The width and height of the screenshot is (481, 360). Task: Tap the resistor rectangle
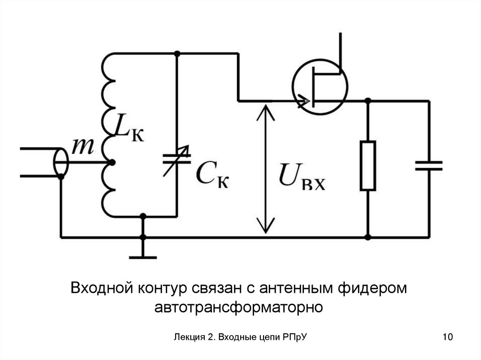[x=368, y=165]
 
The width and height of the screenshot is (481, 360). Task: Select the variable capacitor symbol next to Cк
[x=177, y=160]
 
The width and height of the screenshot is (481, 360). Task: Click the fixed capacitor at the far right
[x=428, y=165]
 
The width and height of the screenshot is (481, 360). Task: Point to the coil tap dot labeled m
[x=111, y=163]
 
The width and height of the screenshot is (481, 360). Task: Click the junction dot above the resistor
[x=368, y=101]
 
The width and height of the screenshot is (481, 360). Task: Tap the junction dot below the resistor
[x=368, y=237]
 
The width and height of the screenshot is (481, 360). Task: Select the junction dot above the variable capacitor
[x=177, y=54]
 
